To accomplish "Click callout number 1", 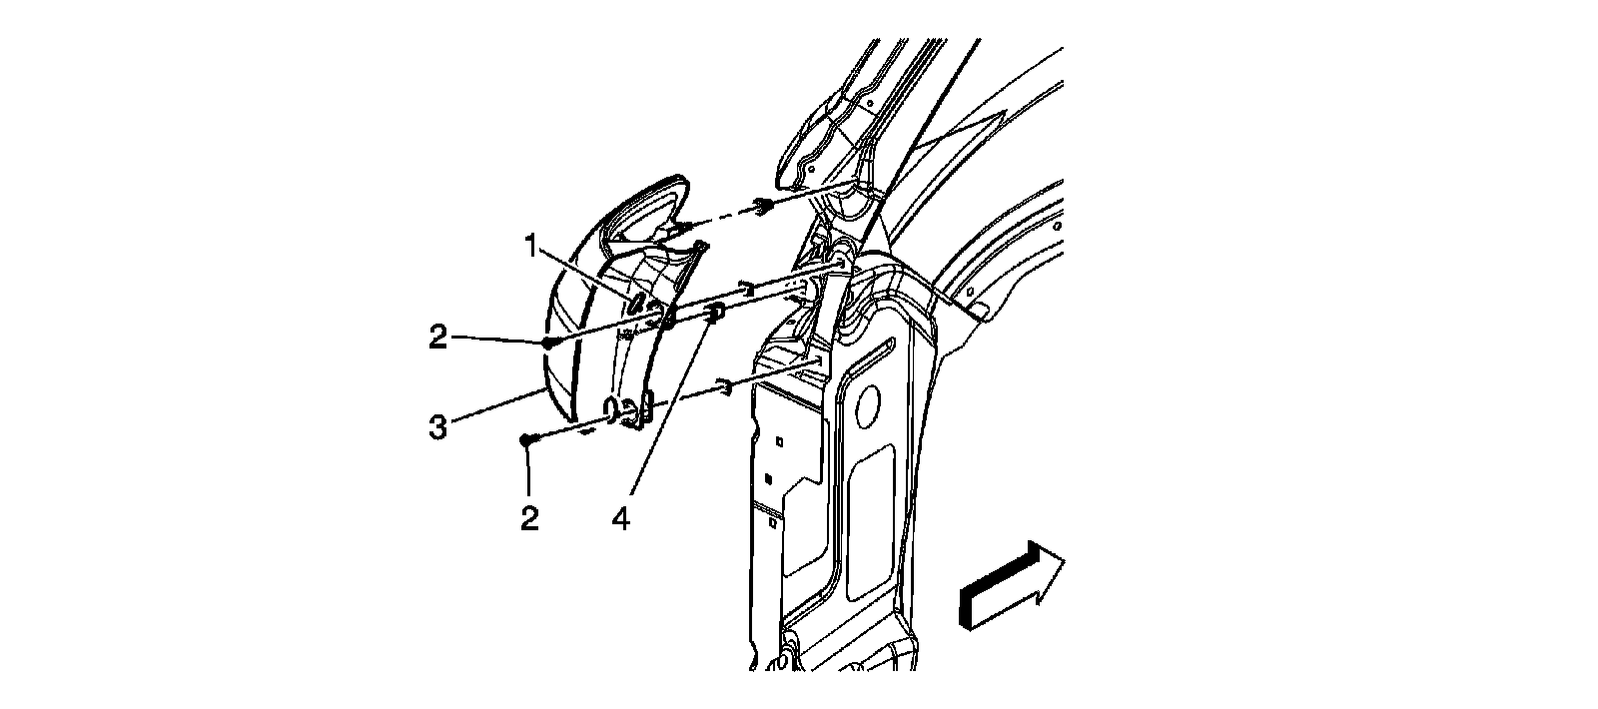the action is [x=533, y=242].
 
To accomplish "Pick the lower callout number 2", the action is [x=529, y=517].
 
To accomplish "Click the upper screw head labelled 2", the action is [x=548, y=342].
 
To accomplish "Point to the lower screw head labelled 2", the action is [x=525, y=438].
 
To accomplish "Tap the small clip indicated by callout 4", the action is [x=714, y=317].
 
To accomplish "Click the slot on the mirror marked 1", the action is [x=635, y=302].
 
